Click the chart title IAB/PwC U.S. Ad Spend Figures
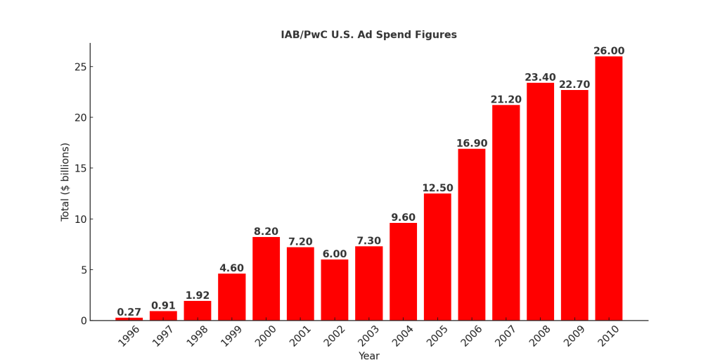368,34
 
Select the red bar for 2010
608,188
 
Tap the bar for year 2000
266,278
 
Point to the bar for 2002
335,290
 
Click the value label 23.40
540,77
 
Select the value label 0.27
129,312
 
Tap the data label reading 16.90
472,143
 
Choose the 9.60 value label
403,217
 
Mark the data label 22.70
574,84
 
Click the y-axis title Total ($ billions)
65,181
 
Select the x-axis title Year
368,356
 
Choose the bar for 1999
232,297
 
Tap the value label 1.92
198,295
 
